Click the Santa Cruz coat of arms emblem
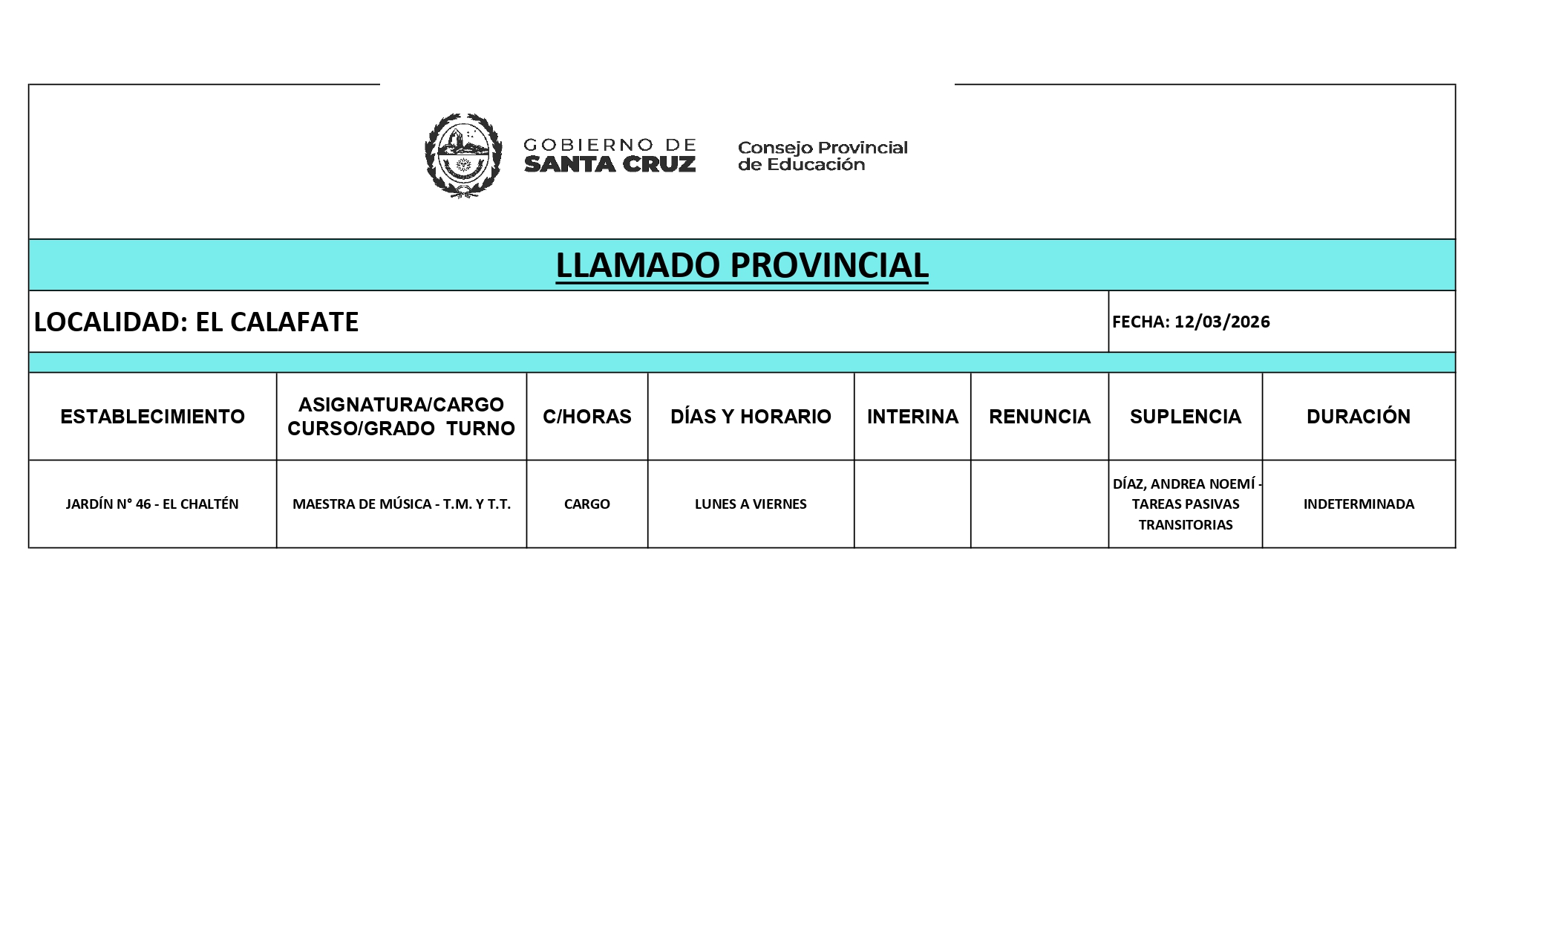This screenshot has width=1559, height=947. tap(463, 154)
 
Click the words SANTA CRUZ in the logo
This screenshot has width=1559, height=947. tap(609, 165)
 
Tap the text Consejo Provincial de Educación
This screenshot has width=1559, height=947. tap(822, 156)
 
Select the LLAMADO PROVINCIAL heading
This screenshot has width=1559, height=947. tap(742, 266)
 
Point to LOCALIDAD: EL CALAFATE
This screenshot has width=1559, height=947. tap(197, 322)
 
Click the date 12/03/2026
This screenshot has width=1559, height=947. tap(1222, 322)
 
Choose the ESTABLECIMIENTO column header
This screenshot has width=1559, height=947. tap(152, 417)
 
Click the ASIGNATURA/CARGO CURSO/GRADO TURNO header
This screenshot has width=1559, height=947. tap(401, 417)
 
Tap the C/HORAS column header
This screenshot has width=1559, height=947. tap(586, 417)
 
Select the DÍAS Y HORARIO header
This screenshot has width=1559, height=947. tap(751, 417)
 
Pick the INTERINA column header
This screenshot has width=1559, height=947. tap(912, 417)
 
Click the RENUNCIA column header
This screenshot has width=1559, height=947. tap(1039, 417)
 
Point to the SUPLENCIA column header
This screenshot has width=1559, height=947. tap(1185, 417)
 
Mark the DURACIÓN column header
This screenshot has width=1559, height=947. tap(1358, 417)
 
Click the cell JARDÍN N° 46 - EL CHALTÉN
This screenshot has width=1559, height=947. tap(152, 504)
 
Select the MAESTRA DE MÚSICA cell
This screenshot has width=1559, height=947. tap(401, 504)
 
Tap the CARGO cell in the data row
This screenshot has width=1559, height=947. tap(586, 504)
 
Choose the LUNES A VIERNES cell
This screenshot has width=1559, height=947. tap(751, 504)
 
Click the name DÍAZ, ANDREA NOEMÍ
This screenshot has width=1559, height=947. tap(1183, 484)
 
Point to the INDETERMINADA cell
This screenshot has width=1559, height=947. tap(1359, 504)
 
